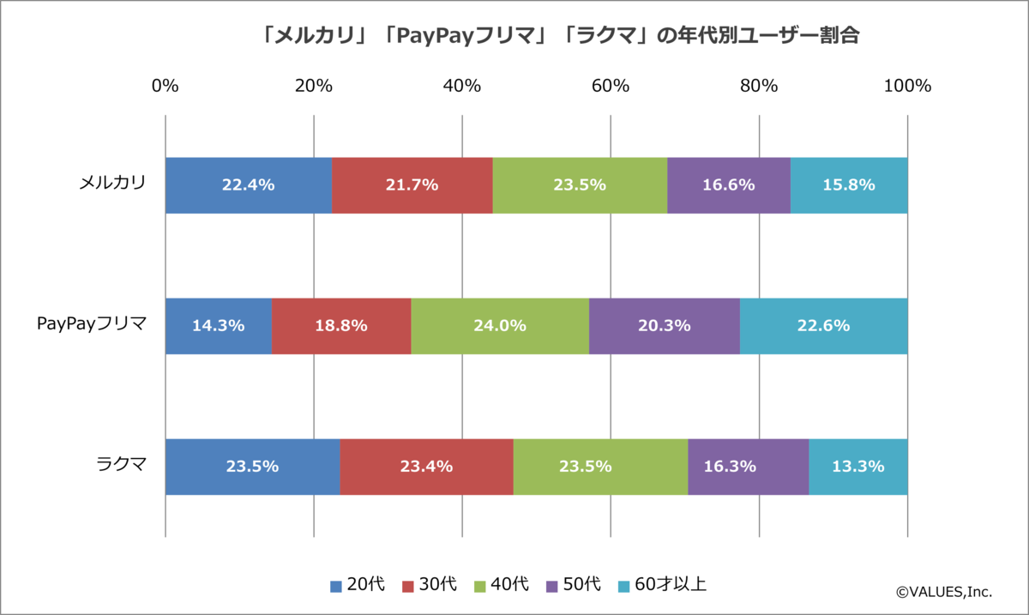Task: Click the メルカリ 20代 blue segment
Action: [248, 185]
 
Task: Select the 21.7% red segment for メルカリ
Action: [412, 185]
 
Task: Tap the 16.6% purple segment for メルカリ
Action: [728, 185]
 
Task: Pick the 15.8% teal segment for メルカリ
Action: [848, 185]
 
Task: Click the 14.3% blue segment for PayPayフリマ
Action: [218, 326]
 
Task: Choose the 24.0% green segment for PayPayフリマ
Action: [500, 326]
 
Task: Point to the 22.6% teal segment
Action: [823, 326]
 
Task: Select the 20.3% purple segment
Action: [664, 326]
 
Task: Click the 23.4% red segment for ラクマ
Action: [426, 467]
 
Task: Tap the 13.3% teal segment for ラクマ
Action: [857, 467]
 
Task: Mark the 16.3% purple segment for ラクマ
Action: [748, 467]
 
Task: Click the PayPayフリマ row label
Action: [92, 324]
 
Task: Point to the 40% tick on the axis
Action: [462, 86]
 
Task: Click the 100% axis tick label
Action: [907, 86]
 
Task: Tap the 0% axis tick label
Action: [165, 86]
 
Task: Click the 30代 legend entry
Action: [430, 585]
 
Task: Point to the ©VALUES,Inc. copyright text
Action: [943, 591]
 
